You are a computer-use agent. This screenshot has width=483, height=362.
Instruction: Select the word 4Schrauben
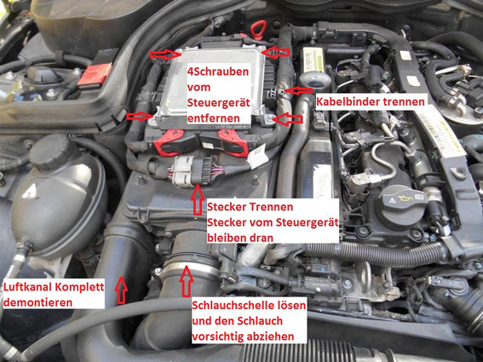pos(218,74)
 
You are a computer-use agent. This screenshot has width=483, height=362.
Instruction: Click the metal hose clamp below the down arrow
pos(180,274)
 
